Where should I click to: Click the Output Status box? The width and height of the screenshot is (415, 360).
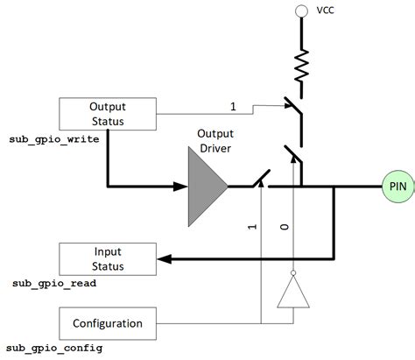109,113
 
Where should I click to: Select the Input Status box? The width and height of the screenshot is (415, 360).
109,259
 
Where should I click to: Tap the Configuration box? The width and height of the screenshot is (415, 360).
109,323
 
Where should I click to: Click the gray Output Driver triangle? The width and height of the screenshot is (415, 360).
206,186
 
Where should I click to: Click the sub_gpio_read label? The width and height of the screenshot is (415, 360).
54,284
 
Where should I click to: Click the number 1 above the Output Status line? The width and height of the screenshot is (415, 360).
232,106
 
